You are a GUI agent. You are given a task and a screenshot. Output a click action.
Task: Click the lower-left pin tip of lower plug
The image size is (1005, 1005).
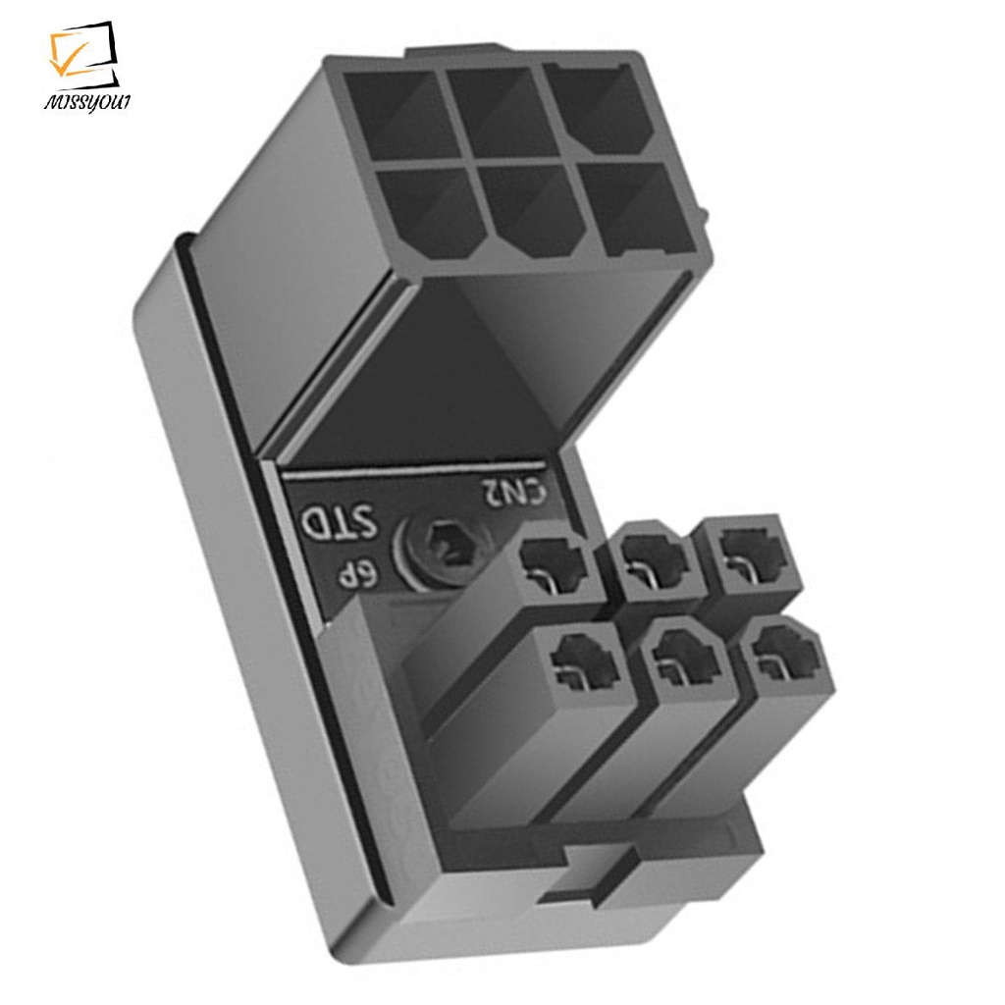point(584,655)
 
